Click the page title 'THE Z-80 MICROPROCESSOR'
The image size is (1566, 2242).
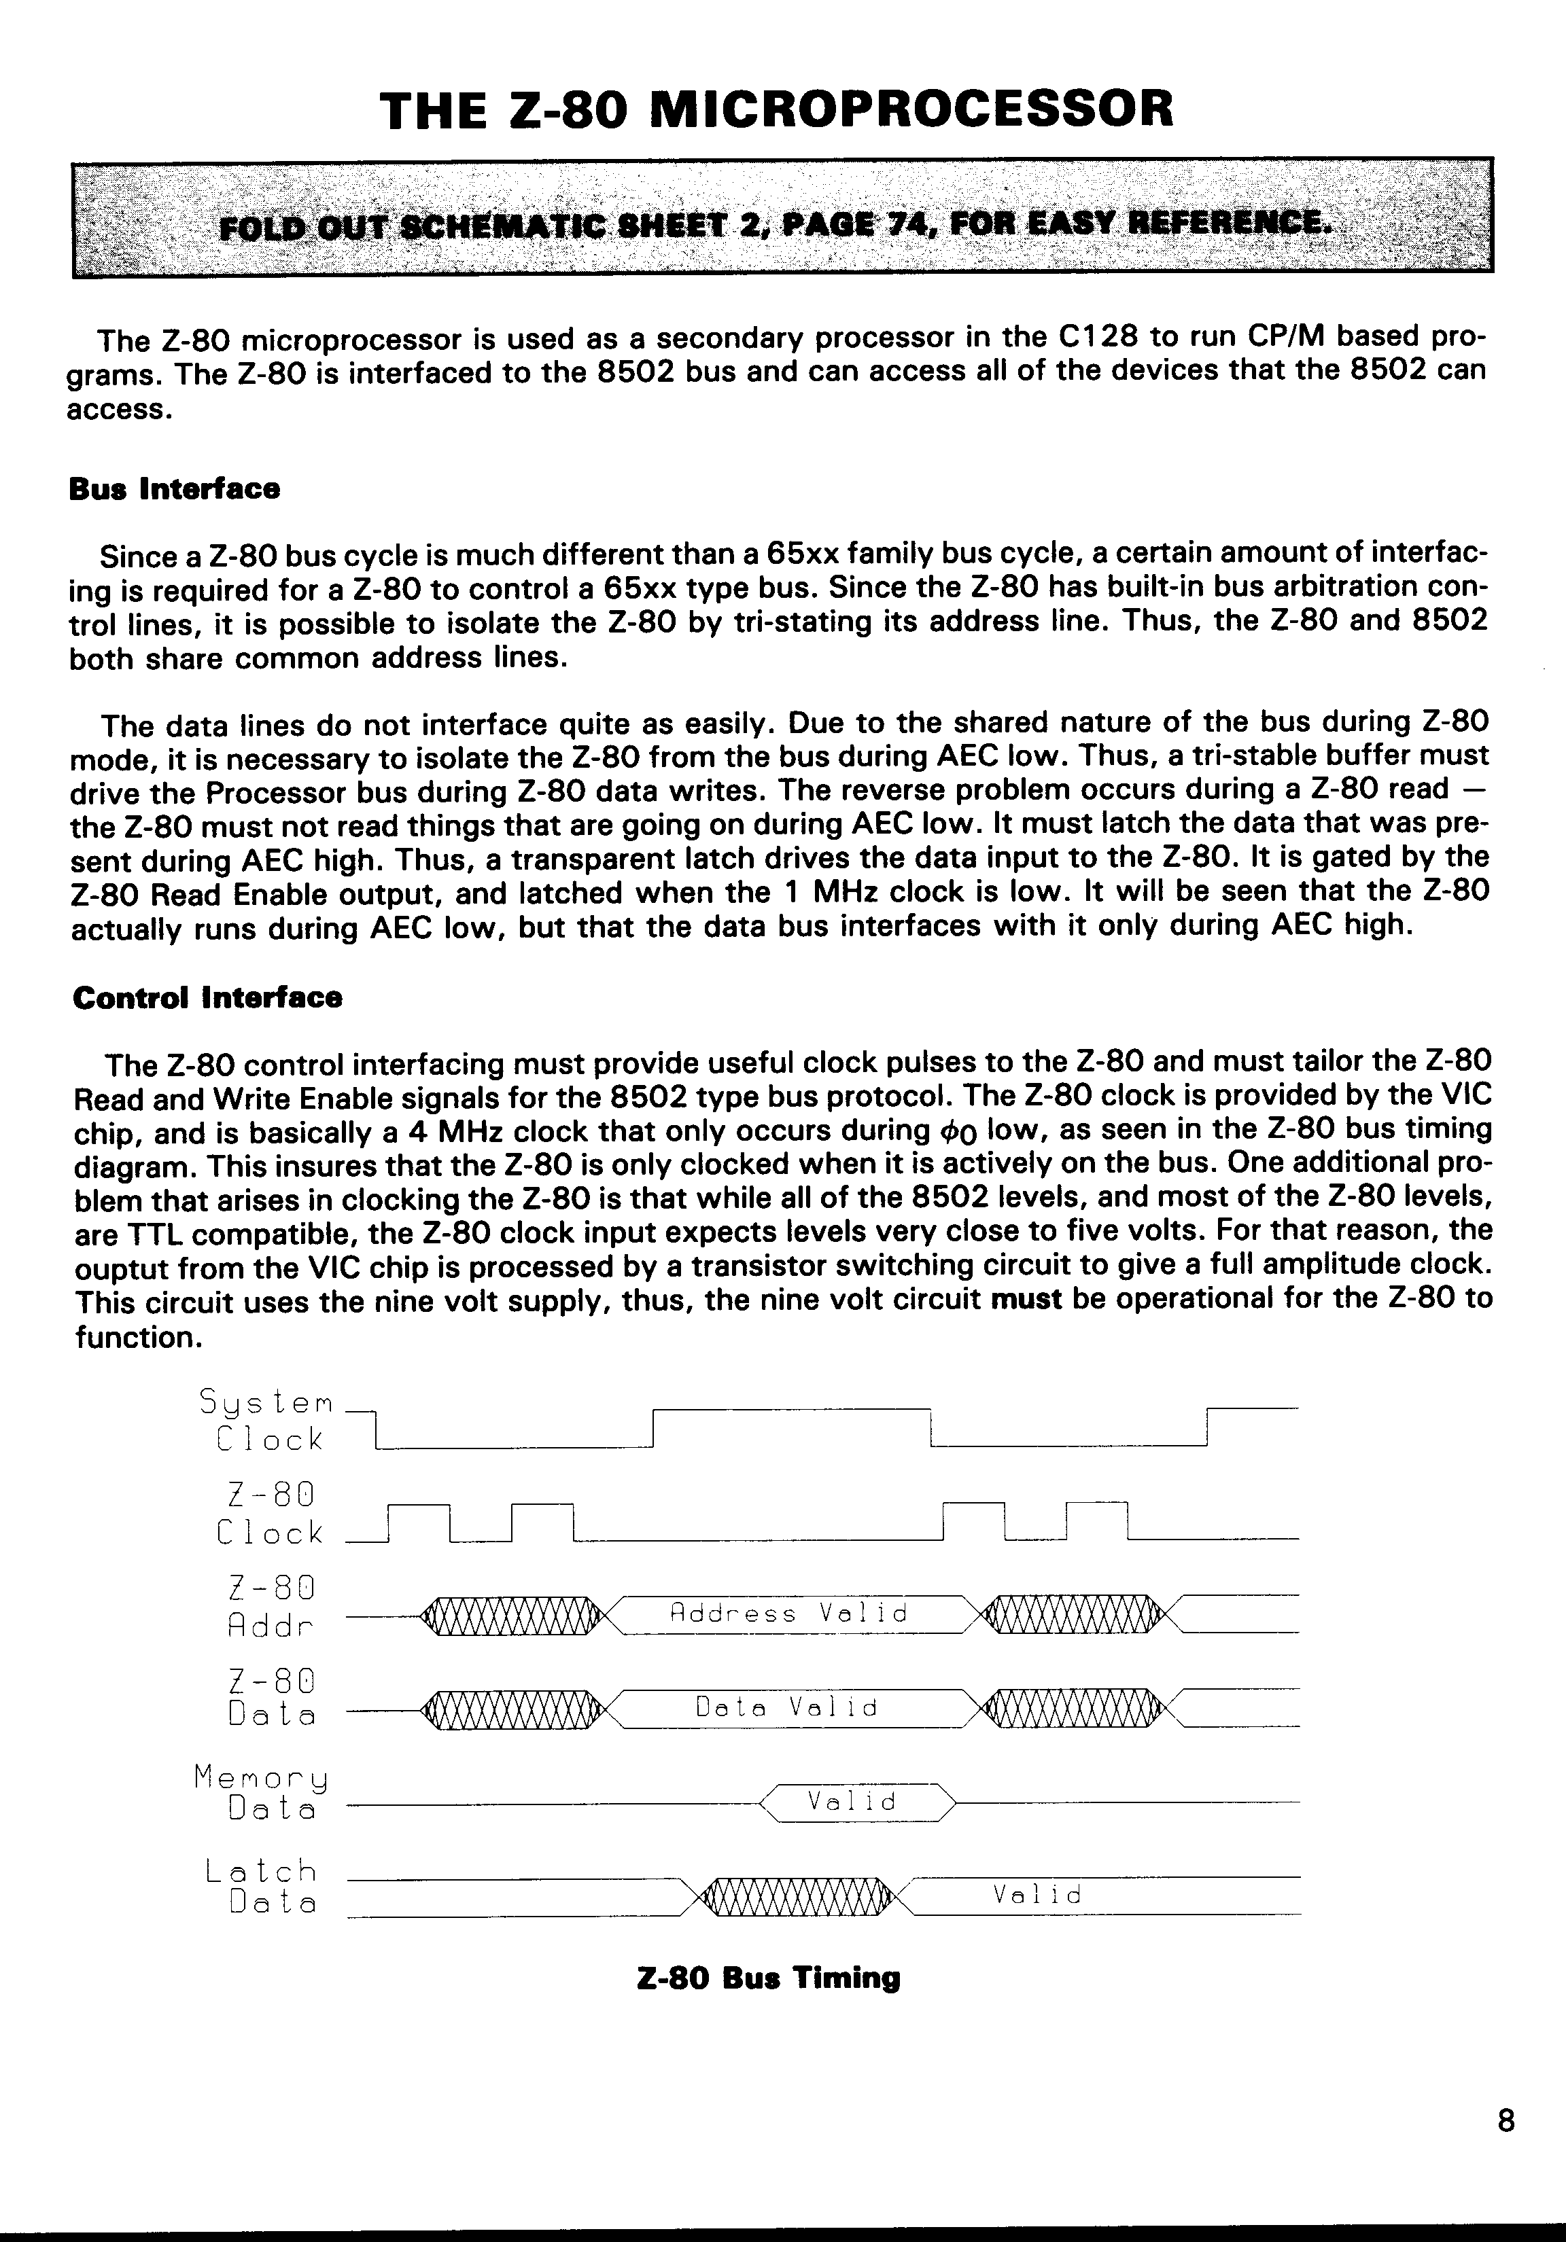tap(777, 109)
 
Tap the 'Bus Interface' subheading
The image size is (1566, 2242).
tap(174, 488)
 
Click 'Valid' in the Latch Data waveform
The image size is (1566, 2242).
tap(1037, 1896)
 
